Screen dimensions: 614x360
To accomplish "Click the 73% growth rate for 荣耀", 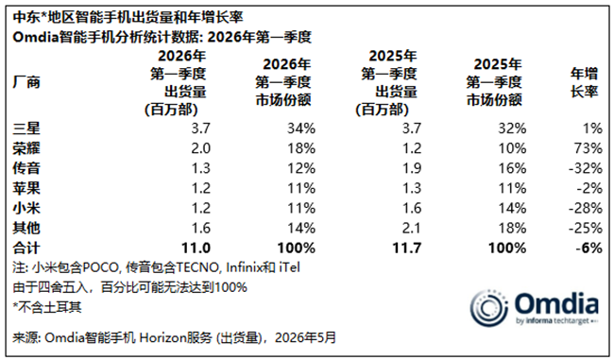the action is click(x=589, y=148).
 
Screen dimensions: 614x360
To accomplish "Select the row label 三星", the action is click(x=26, y=129).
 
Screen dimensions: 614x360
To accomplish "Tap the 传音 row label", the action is click(x=26, y=168).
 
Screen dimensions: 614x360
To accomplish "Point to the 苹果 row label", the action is click(x=26, y=188).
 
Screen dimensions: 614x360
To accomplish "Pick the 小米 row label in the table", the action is click(x=26, y=208).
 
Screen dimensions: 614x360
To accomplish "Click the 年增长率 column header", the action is click(x=584, y=82).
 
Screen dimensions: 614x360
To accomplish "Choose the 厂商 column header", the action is click(x=26, y=82).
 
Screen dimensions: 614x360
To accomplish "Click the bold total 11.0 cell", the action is click(x=196, y=248).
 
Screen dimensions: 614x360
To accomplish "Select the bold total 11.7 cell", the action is click(x=407, y=248).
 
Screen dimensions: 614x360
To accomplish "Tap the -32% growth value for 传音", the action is click(x=586, y=168).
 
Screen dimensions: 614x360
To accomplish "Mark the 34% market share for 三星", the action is click(x=301, y=129).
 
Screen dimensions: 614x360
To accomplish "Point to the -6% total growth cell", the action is click(x=588, y=248).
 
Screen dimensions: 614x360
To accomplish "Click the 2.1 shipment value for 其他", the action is click(x=412, y=228).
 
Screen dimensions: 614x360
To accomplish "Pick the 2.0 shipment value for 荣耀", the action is click(x=201, y=148).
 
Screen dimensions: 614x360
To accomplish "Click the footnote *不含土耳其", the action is click(x=47, y=307).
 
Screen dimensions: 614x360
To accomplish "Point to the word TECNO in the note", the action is click(x=197, y=267).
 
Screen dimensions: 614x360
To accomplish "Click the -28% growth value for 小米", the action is click(x=586, y=208).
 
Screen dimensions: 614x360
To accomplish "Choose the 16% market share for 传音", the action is click(x=512, y=168).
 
